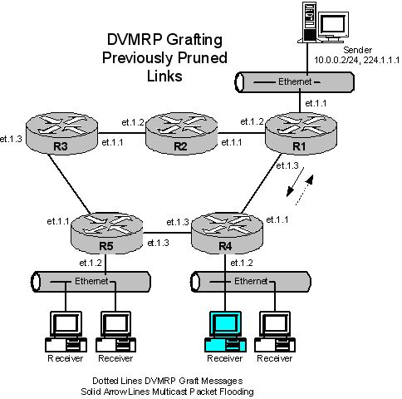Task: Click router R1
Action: (301, 133)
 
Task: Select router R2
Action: (181, 133)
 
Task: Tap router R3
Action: (61, 133)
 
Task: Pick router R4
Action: (227, 233)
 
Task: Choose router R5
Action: (107, 233)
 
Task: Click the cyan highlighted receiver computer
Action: (225, 332)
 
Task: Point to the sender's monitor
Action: (333, 26)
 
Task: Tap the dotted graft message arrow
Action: (305, 190)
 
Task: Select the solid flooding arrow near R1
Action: (295, 181)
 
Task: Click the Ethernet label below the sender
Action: (295, 81)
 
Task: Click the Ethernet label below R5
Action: (91, 281)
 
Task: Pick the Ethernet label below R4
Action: (251, 281)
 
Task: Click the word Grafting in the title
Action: (194, 40)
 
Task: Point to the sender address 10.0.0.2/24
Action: (336, 60)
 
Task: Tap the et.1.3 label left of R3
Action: (11, 139)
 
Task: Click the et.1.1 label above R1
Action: (316, 103)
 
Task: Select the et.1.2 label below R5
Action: (91, 263)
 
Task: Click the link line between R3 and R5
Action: (69, 184)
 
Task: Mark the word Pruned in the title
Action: (202, 58)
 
